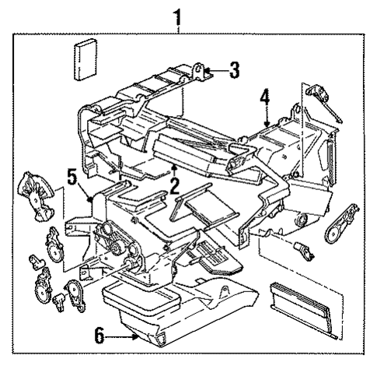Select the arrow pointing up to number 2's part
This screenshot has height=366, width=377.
176,169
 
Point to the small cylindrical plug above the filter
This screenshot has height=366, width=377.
302,252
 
